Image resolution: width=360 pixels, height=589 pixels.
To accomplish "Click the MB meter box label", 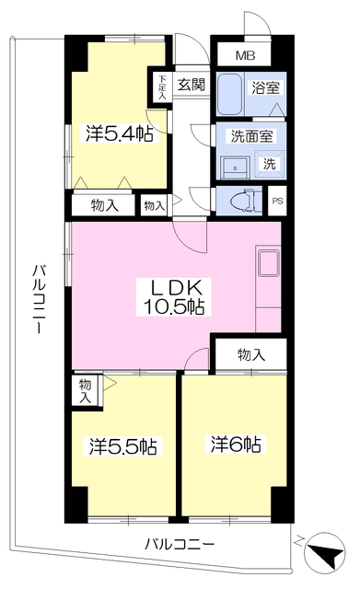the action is (x=246, y=55).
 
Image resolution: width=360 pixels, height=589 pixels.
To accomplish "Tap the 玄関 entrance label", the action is (x=192, y=85).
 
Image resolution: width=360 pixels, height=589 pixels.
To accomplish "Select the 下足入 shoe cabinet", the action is (x=162, y=87).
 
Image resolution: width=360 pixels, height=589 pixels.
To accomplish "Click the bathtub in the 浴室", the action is (x=229, y=94).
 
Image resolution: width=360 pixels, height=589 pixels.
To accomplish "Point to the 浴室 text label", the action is (x=266, y=88).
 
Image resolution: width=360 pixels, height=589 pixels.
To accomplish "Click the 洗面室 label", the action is (x=251, y=136).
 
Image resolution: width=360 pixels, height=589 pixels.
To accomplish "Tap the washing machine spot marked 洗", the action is (x=269, y=164).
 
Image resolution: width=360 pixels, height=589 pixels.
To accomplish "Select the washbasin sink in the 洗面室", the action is (x=235, y=167).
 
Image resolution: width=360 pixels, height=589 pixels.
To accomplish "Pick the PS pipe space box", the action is (x=277, y=201).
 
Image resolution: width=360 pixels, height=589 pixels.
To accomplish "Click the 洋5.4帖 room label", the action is (x=119, y=133).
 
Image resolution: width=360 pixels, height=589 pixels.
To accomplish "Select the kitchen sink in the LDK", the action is (x=268, y=263).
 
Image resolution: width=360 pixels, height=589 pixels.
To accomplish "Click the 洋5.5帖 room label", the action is (x=123, y=446).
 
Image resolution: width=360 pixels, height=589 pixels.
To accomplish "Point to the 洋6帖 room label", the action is (x=236, y=444).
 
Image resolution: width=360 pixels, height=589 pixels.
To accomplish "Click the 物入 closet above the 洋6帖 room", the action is (x=251, y=354).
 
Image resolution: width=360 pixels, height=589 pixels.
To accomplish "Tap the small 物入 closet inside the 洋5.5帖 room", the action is (x=86, y=391).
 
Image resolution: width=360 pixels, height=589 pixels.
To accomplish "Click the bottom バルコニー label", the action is (x=180, y=543).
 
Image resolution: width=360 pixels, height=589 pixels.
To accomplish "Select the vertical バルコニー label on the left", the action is (x=39, y=299).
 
